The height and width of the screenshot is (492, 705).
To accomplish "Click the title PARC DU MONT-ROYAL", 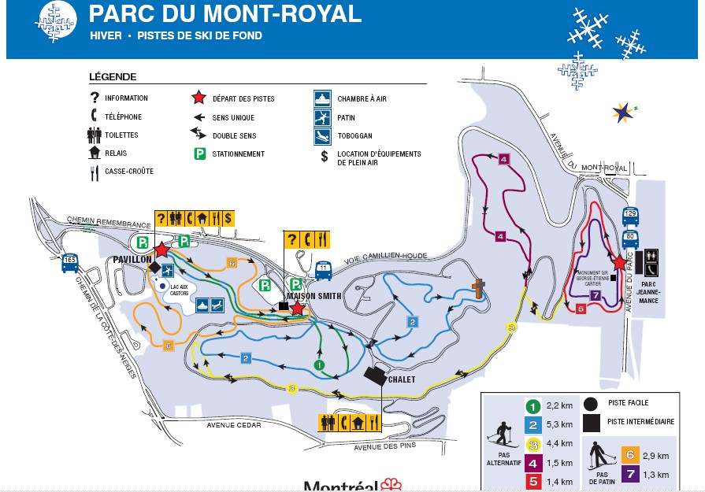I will click(x=224, y=14).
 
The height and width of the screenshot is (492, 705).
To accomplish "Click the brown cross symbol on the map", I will click(x=477, y=290).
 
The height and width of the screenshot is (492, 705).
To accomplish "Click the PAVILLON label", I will click(x=132, y=260).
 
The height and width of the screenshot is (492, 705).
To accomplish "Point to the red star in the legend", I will click(x=199, y=98).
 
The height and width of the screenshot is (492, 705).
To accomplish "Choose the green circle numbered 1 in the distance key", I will click(x=532, y=407).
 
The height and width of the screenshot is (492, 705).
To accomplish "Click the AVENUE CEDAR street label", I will click(x=234, y=426).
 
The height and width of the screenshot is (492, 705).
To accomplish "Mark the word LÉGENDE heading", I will click(x=113, y=77).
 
